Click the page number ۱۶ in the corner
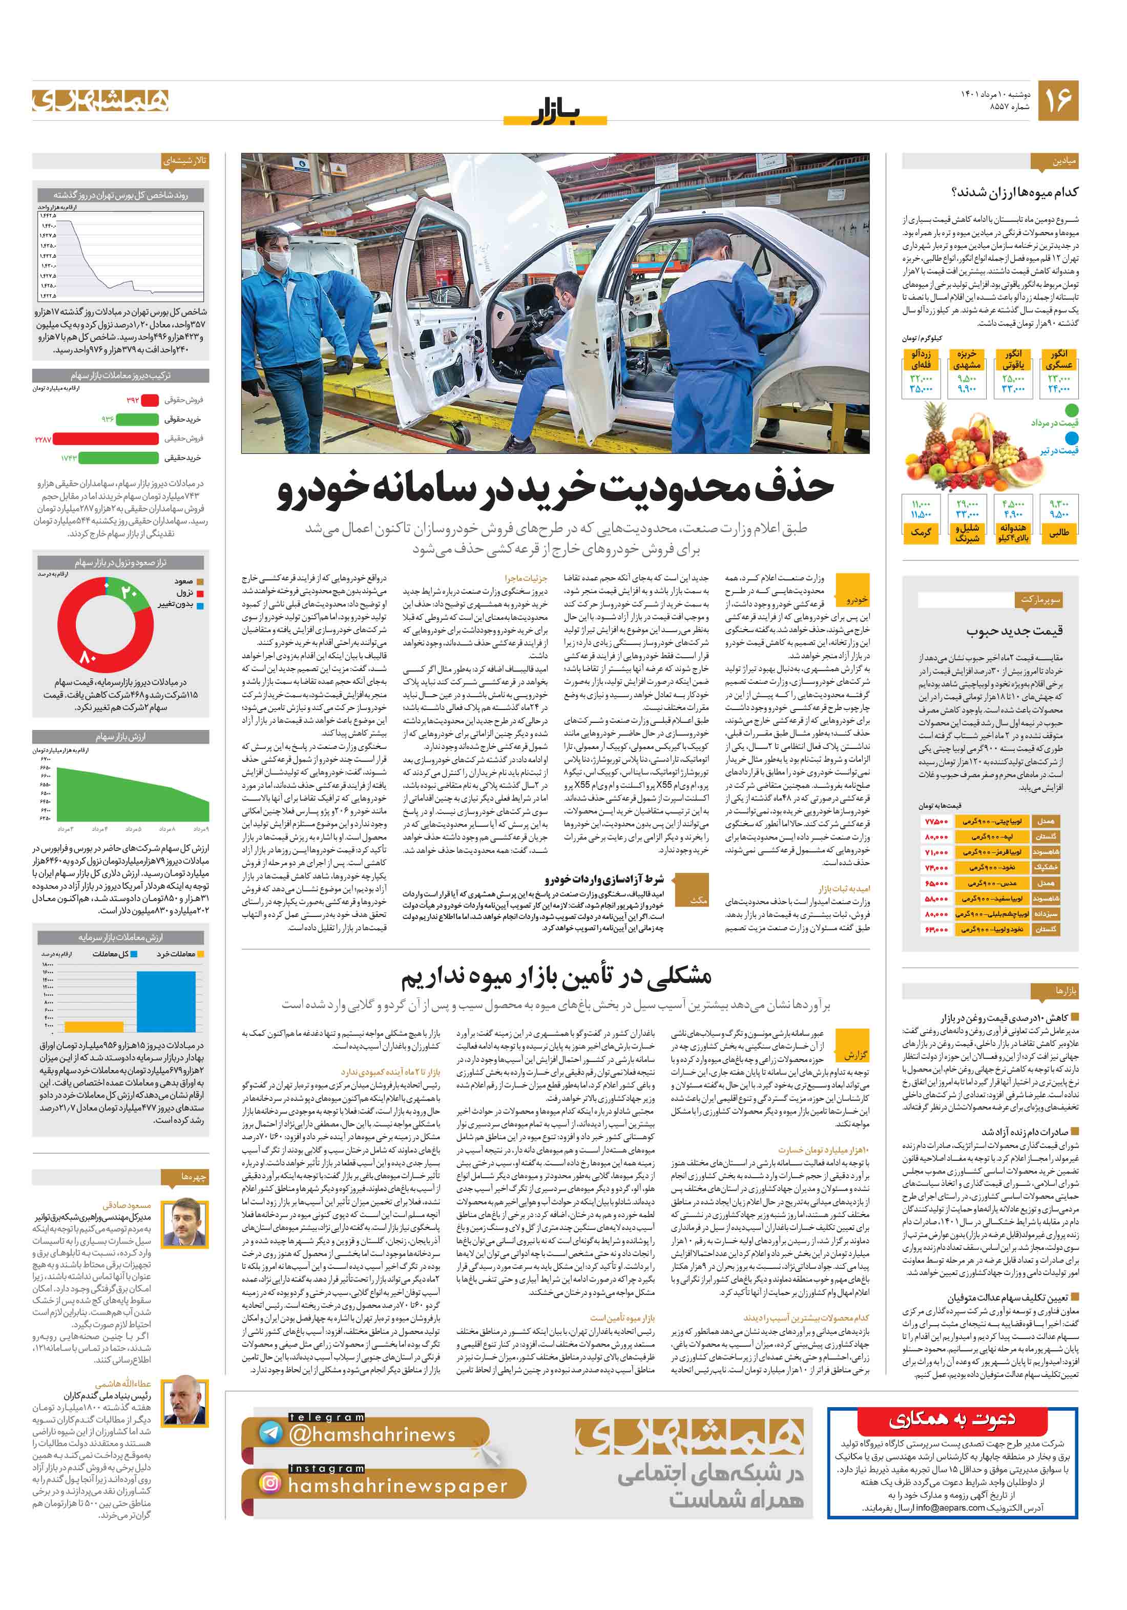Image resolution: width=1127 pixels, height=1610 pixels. (1057, 100)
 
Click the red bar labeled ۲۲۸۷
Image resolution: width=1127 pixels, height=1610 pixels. (105, 439)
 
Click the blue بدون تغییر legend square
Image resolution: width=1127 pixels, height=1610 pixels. (200, 605)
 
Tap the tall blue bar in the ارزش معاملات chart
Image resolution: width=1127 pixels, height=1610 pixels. (165, 1000)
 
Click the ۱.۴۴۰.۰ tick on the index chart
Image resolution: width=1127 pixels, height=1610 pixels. (48, 226)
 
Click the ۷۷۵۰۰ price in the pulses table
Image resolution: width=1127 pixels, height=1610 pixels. (936, 821)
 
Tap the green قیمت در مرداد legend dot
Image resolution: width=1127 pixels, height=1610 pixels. (1071, 410)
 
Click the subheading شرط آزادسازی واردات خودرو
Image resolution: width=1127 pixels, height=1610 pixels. (604, 879)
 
